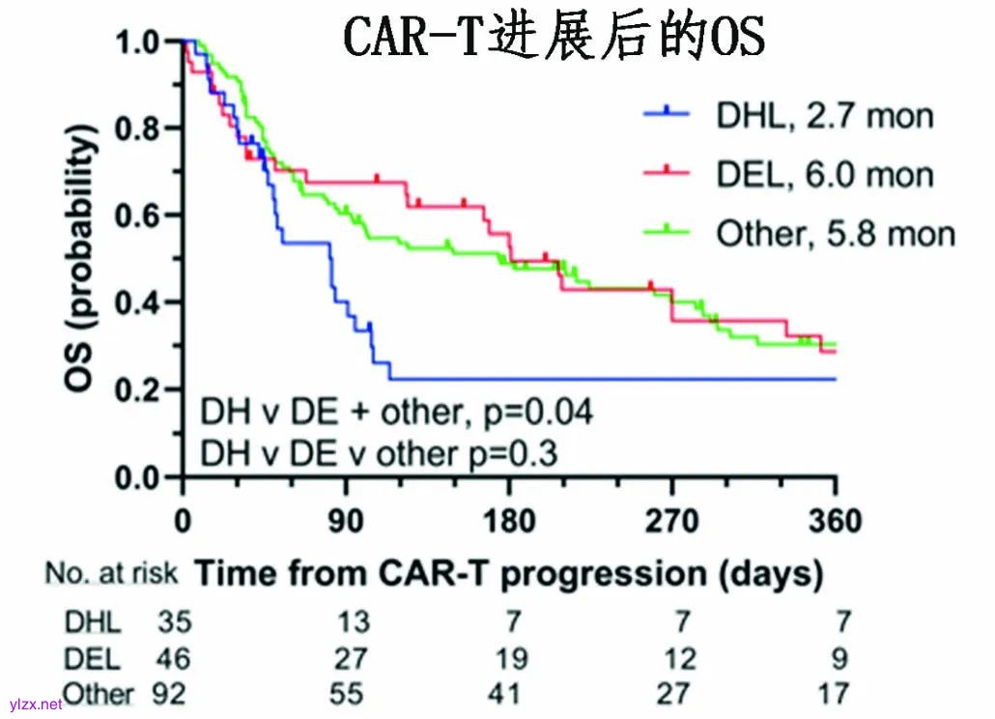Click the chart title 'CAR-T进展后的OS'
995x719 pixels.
[x=554, y=39]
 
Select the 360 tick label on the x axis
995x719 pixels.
[x=836, y=522]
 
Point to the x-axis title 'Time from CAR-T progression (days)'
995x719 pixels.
[x=510, y=573]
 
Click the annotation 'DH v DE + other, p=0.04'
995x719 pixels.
[x=395, y=413]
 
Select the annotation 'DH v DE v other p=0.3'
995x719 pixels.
[x=379, y=451]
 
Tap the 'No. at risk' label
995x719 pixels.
[x=111, y=574]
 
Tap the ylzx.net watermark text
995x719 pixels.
[x=35, y=705]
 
